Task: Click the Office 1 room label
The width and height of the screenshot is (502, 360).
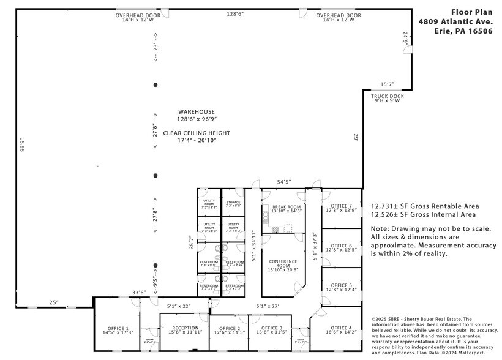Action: tap(118, 328)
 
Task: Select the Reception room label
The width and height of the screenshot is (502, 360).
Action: tap(184, 328)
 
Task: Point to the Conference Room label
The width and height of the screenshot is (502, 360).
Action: tap(283, 261)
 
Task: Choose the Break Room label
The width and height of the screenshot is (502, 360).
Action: tap(287, 208)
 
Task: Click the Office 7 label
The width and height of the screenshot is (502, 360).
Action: tap(342, 206)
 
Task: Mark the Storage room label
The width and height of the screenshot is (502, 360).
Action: tap(233, 202)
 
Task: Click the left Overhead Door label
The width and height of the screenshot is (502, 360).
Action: tap(138, 15)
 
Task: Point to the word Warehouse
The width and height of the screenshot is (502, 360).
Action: tap(196, 111)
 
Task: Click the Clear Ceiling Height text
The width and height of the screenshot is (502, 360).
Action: tap(196, 133)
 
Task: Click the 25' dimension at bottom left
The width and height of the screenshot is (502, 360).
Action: tap(54, 302)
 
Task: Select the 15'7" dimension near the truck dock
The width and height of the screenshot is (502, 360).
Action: tap(388, 84)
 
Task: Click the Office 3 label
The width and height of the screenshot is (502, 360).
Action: tap(271, 328)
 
